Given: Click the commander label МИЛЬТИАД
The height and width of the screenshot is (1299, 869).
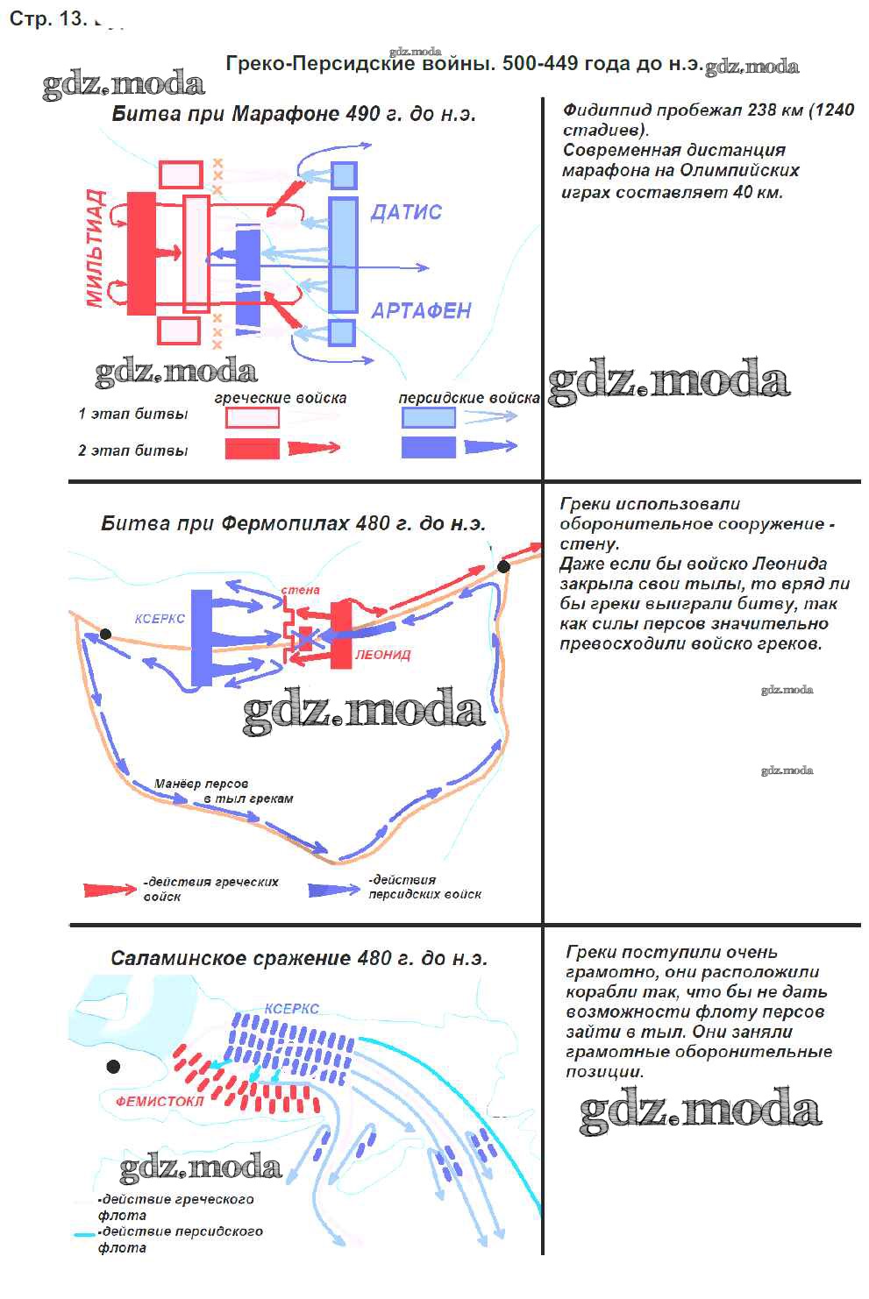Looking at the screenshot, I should (x=96, y=248).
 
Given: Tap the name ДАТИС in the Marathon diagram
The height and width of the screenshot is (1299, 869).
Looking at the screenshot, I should (x=406, y=212).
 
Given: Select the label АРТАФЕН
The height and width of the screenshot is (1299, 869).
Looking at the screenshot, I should (x=421, y=310).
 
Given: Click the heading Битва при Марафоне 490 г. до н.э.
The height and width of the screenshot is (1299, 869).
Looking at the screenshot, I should (x=294, y=114).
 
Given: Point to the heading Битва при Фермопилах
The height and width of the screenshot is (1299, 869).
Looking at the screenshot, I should (x=293, y=523).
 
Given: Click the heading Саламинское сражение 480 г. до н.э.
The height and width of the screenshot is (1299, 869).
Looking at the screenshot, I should (x=298, y=958).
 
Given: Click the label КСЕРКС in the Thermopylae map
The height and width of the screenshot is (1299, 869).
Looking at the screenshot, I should (x=160, y=618).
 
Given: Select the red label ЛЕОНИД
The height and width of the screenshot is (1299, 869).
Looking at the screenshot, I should (x=382, y=655).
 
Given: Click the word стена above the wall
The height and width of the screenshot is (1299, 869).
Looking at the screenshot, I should (x=300, y=590).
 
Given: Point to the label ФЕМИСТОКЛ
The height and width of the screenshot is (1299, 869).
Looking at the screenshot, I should (x=160, y=1101).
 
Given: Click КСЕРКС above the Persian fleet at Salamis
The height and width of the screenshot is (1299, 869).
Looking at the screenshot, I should (x=292, y=1009).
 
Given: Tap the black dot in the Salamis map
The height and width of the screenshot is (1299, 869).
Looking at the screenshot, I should (x=113, y=1067).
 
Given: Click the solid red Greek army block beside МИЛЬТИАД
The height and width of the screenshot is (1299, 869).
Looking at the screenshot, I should (x=141, y=253).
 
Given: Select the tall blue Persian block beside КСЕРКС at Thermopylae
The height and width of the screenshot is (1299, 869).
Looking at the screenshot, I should (x=202, y=637).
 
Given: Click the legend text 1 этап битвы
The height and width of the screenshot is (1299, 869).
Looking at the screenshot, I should (x=133, y=414).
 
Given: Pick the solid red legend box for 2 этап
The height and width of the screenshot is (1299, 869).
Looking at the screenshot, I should (x=252, y=448).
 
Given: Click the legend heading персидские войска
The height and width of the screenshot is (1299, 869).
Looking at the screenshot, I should (x=468, y=398).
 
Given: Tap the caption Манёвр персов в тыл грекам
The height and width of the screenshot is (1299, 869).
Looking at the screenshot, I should (x=224, y=791).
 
